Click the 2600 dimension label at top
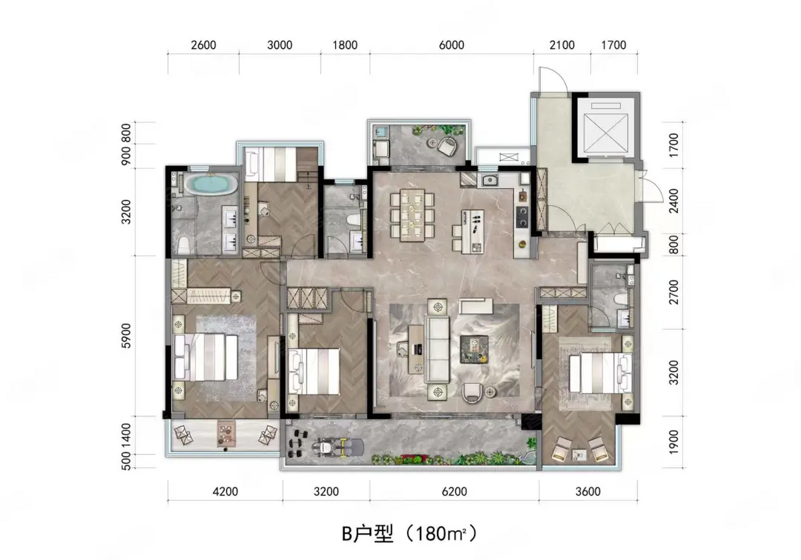click(x=204, y=45)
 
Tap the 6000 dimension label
click(x=452, y=45)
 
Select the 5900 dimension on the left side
click(x=127, y=336)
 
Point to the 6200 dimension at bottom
click(x=454, y=492)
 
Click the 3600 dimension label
click(x=588, y=492)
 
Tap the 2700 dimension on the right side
click(x=674, y=292)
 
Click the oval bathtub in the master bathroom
click(x=210, y=184)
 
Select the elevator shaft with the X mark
click(x=606, y=129)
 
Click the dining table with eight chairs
click(x=412, y=215)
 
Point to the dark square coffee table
click(x=474, y=349)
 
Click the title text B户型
click(x=367, y=534)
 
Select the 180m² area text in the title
click(x=440, y=534)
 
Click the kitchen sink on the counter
click(x=490, y=179)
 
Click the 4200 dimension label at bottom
click(x=225, y=492)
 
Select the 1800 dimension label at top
click(x=345, y=45)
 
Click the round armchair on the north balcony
click(x=447, y=146)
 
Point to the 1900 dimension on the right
click(x=674, y=442)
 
